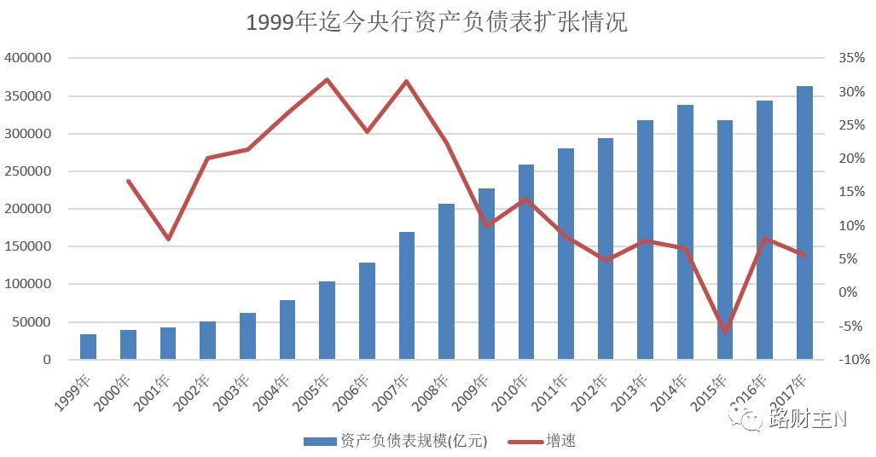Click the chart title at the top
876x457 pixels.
437,22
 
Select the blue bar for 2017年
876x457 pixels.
804,223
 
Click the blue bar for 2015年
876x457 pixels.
725,240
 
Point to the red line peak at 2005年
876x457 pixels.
327,79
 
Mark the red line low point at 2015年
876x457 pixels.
725,332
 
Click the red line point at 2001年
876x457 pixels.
168,239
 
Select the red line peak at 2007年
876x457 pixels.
406,81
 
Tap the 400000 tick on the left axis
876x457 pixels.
29,58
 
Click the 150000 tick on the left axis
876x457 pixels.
29,246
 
